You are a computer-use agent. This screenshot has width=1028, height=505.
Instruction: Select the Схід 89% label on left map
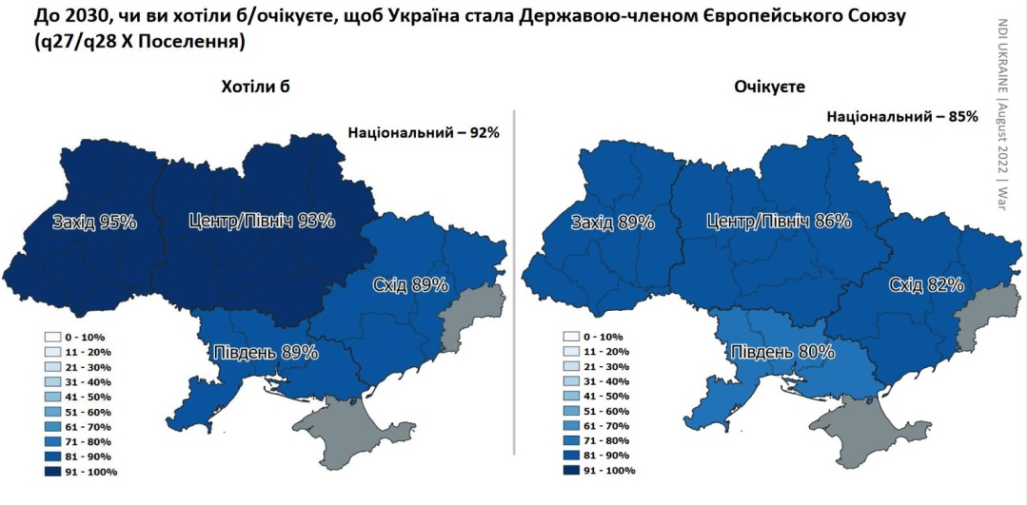pyautogui.click(x=398, y=283)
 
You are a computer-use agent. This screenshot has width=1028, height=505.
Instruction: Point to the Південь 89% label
pyautogui.click(x=265, y=352)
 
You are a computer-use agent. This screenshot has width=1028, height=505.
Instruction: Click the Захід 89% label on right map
pyautogui.click(x=612, y=223)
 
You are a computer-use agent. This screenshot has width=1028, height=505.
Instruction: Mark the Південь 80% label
pyautogui.click(x=782, y=352)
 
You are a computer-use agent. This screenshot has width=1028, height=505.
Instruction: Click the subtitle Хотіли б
pyautogui.click(x=254, y=87)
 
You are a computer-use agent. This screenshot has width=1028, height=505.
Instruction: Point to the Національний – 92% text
pyautogui.click(x=424, y=132)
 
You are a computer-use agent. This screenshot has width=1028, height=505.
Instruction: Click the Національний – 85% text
pyautogui.click(x=902, y=117)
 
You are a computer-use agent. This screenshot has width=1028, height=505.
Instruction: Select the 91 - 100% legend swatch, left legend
pyautogui.click(x=52, y=470)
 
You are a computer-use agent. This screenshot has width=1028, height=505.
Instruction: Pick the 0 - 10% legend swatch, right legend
pyautogui.click(x=570, y=337)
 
